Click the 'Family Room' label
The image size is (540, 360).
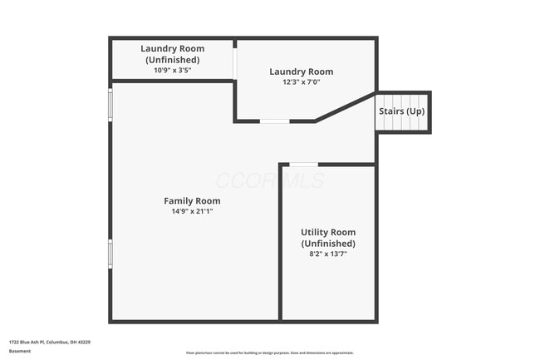[192, 201]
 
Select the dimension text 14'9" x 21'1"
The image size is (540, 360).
[192, 212]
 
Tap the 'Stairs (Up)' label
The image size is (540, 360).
[401, 111]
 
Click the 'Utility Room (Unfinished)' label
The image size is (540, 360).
[328, 238]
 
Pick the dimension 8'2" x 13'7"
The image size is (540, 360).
[328, 254]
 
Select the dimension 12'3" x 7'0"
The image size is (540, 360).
[301, 83]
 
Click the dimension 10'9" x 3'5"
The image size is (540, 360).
[172, 71]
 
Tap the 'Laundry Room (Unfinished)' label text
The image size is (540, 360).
[172, 54]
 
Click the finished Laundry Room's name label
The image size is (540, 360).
[301, 72]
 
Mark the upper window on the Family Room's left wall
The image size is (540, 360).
[110, 105]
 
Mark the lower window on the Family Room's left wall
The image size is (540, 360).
[110, 253]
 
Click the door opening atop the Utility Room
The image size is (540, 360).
[303, 165]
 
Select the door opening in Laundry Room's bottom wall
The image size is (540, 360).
[275, 121]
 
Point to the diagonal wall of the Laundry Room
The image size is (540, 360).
[345, 107]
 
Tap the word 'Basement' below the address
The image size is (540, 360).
[20, 351]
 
